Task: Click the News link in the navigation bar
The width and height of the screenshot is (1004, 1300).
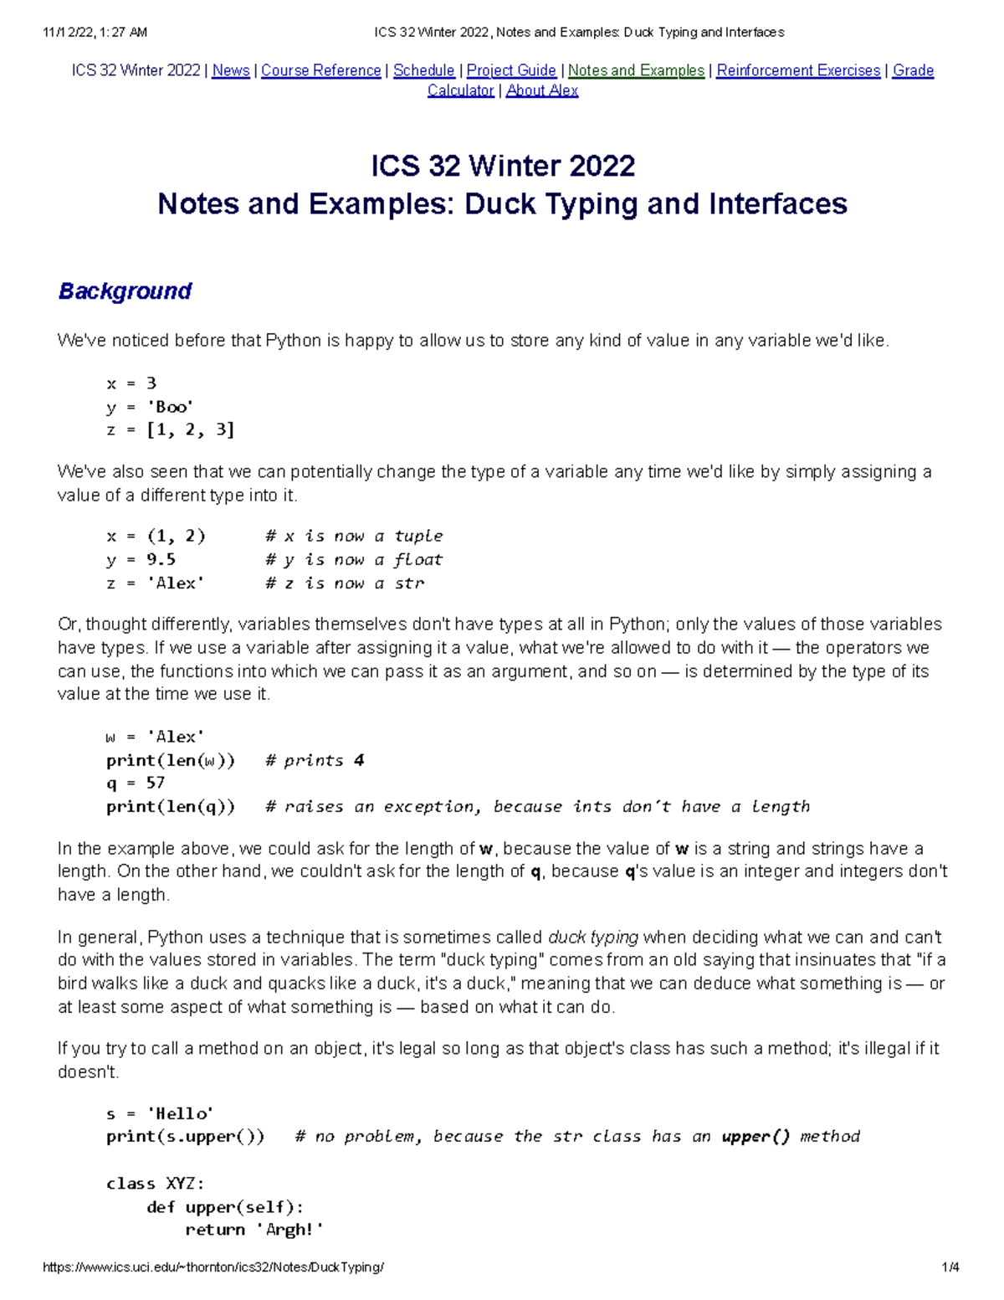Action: coord(230,71)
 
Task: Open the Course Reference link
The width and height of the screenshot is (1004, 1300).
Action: coord(320,71)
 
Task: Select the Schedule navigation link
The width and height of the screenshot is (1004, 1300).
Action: coord(423,71)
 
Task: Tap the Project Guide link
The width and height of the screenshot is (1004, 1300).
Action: coord(510,71)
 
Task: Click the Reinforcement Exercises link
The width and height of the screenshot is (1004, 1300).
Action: coord(798,71)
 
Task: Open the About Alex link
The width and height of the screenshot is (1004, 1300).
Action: coord(541,90)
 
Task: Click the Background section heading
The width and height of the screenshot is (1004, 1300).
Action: coord(125,291)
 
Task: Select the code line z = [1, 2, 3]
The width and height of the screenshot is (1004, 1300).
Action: coord(170,430)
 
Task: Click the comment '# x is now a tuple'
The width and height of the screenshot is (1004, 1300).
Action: coord(354,536)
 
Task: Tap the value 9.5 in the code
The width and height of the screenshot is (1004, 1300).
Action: coord(161,559)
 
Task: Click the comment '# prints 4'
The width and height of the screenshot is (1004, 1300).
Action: coord(315,760)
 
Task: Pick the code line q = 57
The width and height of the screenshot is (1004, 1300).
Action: coord(136,783)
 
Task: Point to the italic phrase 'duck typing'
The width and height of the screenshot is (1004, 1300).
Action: coord(592,937)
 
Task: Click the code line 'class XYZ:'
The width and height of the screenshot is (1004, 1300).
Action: coord(155,1184)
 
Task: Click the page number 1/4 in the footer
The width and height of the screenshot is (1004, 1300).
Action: coord(950,1267)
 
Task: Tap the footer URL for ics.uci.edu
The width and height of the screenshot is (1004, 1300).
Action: coord(213,1267)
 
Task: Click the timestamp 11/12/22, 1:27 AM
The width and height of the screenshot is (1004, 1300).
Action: coord(95,33)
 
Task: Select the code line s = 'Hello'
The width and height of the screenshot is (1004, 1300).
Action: coord(160,1113)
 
